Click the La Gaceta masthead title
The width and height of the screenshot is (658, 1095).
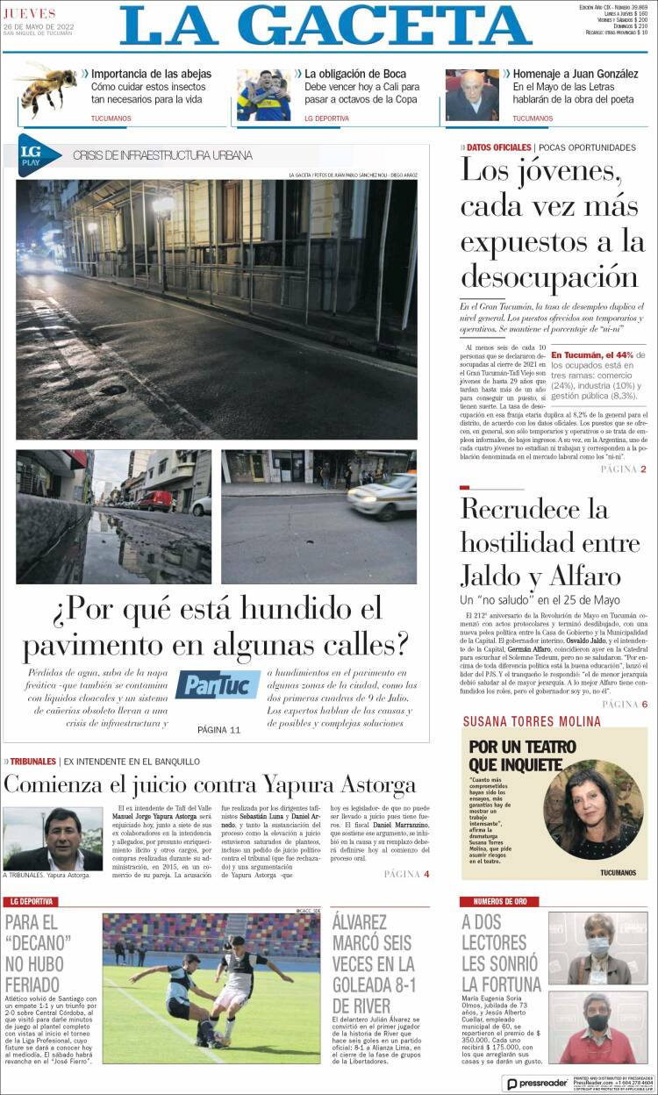coord(325,25)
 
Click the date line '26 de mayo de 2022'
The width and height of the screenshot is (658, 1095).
coord(39,26)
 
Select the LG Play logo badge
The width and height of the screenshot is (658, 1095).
coord(38,155)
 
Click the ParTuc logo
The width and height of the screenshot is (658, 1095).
coord(218,684)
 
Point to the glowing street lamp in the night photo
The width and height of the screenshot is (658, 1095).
coord(164,205)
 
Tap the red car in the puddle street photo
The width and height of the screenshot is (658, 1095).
coord(155,501)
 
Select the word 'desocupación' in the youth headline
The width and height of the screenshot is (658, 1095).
coord(550,276)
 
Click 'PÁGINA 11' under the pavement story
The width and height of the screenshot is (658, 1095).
coord(218,729)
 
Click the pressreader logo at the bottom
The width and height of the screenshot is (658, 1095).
coord(536,1083)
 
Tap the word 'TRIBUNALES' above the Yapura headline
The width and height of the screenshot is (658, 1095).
coord(33,761)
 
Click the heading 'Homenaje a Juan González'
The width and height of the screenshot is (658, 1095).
coord(575,74)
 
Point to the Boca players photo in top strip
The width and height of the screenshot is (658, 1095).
coord(263,95)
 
